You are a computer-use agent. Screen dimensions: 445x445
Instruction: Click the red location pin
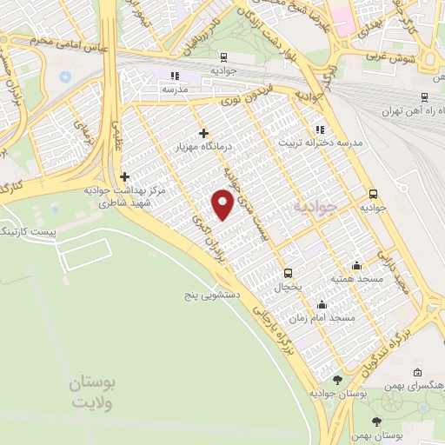(223, 204)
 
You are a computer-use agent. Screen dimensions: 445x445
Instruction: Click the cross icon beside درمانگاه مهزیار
(203, 133)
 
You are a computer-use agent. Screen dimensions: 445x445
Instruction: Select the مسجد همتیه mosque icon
(355, 265)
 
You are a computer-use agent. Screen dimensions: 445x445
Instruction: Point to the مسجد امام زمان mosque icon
(322, 304)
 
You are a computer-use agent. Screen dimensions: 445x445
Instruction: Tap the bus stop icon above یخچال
(288, 272)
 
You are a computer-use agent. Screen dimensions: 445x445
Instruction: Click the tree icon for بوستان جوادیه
(337, 379)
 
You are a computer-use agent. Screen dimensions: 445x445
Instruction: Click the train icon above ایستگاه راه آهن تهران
(423, 96)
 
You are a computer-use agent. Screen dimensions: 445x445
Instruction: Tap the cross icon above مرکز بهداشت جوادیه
(125, 176)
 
